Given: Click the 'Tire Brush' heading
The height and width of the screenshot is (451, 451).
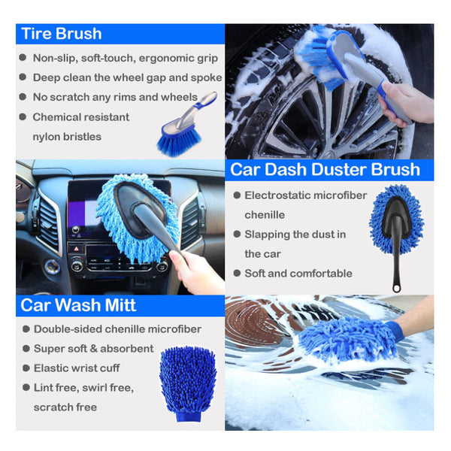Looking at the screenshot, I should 62,34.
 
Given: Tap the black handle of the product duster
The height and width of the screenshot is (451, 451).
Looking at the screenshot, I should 396,267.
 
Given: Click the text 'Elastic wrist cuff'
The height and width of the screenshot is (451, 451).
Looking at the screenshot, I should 77,368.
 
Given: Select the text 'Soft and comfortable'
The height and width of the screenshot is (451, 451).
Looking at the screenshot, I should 298,274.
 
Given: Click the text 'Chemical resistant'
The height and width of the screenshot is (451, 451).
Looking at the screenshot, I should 80,117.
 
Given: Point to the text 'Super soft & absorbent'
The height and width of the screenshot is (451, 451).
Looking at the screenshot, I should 93,349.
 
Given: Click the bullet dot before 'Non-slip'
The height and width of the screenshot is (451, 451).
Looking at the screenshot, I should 23,59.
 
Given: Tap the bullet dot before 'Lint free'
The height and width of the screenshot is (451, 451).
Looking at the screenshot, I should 23,388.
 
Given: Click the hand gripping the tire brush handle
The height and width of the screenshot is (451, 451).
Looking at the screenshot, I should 406,104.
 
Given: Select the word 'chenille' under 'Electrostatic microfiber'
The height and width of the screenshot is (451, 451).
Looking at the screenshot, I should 264,215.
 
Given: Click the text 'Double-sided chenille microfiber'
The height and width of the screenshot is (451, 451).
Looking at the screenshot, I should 117,329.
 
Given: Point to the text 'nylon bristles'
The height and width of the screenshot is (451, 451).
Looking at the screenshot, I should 67,137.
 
